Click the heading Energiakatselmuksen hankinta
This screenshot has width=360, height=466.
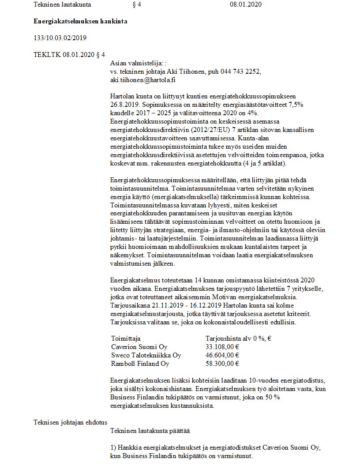click(81, 21)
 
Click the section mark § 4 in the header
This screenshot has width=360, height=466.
click(136, 5)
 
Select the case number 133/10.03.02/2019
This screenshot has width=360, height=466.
click(60, 38)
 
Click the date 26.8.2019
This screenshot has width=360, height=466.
click(125, 104)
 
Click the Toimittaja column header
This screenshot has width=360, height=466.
click(126, 338)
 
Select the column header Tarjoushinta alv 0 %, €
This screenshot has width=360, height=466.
click(238, 338)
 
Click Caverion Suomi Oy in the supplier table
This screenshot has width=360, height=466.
click(139, 347)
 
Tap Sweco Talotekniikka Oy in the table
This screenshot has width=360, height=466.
click(146, 355)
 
